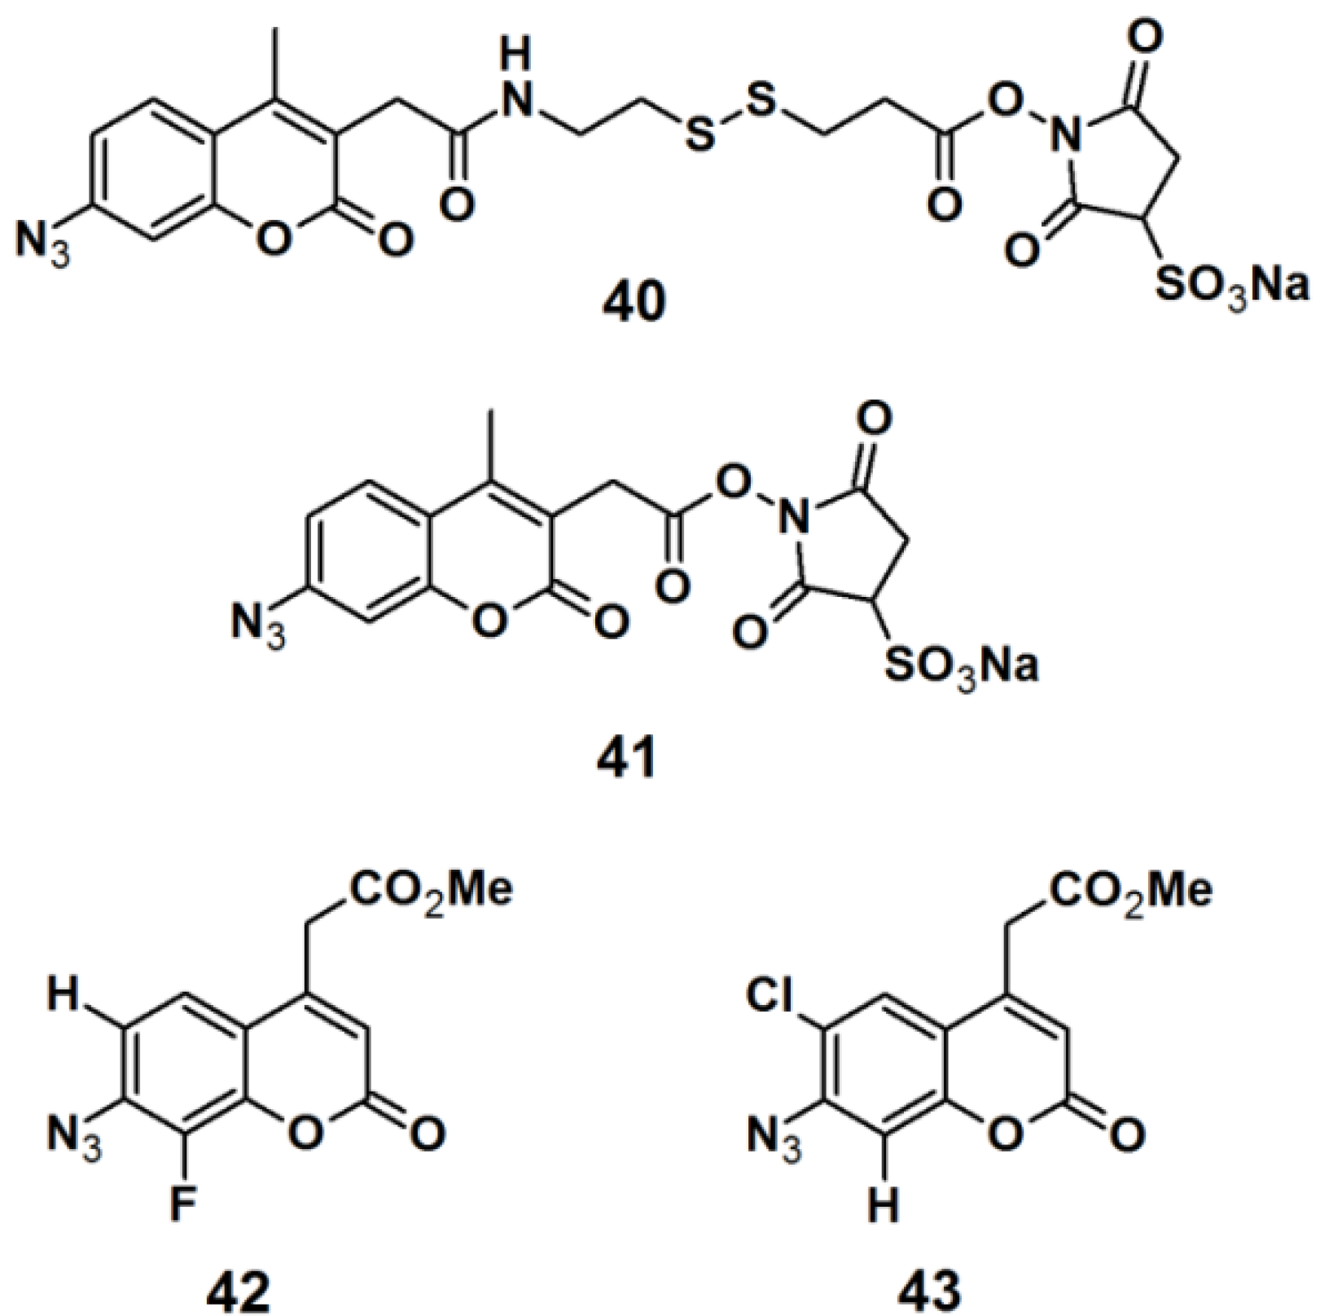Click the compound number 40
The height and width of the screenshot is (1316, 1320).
[634, 304]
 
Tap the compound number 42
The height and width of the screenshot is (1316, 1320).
[238, 1288]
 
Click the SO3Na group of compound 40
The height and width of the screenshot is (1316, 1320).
[1230, 287]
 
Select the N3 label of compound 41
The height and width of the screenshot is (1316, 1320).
[257, 625]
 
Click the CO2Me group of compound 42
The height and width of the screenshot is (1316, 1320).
[432, 891]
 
